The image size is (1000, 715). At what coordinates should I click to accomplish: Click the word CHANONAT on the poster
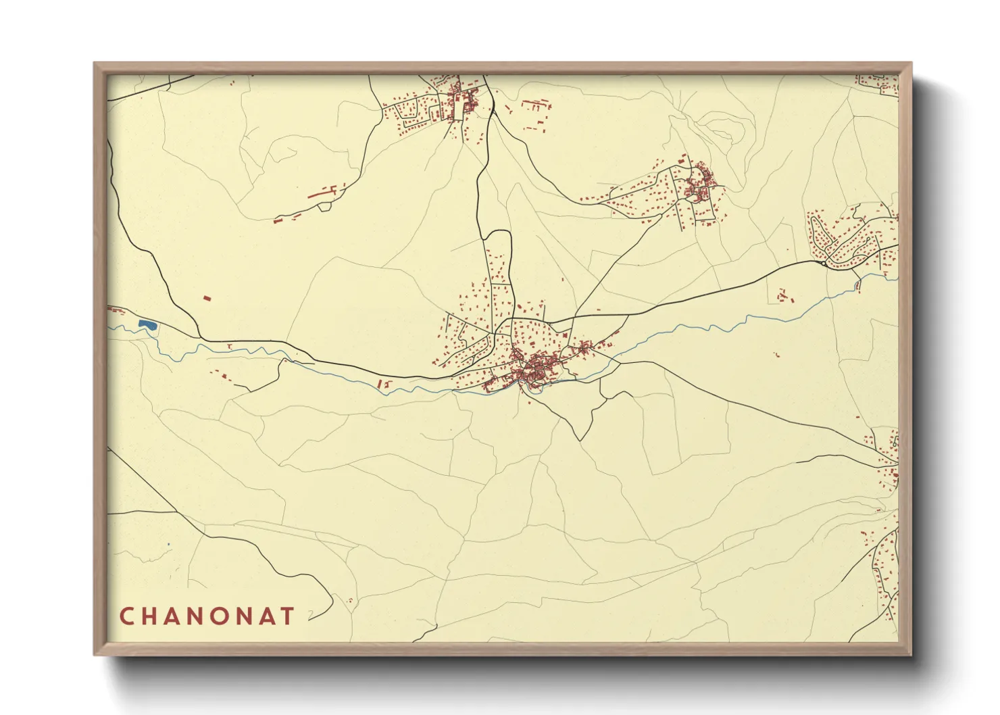click(207, 616)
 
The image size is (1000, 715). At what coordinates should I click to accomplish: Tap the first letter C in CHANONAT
click(126, 616)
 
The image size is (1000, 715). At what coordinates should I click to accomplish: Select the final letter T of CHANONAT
click(289, 616)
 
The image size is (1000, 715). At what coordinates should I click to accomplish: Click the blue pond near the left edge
click(147, 326)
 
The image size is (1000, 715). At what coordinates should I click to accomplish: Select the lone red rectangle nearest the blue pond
click(207, 297)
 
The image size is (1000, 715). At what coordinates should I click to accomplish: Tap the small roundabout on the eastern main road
click(825, 264)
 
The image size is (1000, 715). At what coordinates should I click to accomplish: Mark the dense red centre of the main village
click(537, 368)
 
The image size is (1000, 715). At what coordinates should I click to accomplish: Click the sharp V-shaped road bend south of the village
click(579, 439)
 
